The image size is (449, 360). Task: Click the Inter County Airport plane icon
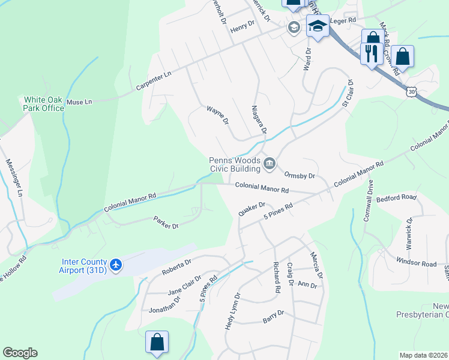click(116, 265)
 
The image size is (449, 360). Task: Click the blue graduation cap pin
click(317, 26)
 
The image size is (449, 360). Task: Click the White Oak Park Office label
click(44, 104)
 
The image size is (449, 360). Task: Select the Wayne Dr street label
click(218, 115)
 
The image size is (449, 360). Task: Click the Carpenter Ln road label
click(153, 80)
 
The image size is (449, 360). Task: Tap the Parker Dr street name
click(166, 223)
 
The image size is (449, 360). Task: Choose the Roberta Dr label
click(176, 268)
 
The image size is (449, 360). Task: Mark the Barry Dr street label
click(273, 316)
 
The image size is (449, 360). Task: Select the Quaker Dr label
click(252, 209)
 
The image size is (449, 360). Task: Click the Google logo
click(20, 353)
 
